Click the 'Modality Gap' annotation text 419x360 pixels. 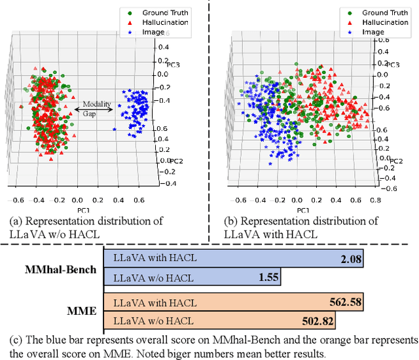[96, 109]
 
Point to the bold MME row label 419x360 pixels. [83, 312]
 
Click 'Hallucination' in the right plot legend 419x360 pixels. [384, 22]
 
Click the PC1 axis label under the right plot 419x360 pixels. [302, 209]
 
